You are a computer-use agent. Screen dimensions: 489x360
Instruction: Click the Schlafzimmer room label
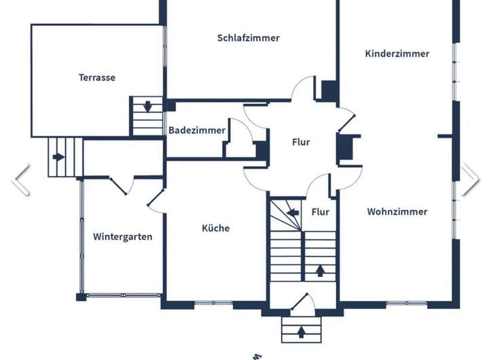(x=248, y=38)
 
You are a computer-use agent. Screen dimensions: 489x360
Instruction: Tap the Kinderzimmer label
(x=397, y=54)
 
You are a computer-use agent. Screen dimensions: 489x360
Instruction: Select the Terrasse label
(x=97, y=77)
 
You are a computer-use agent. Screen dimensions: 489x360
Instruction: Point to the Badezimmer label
(x=196, y=130)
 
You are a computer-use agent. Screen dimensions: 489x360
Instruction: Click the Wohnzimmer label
(x=397, y=212)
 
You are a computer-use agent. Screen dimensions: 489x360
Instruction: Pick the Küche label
(x=215, y=228)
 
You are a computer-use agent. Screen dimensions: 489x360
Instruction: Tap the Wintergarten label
(x=122, y=237)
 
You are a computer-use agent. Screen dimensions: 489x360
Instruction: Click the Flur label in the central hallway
(x=301, y=143)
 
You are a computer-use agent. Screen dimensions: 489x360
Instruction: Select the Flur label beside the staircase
(x=320, y=212)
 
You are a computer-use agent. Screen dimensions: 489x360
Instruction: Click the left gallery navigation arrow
(x=21, y=179)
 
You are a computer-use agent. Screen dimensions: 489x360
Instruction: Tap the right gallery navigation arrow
(x=470, y=179)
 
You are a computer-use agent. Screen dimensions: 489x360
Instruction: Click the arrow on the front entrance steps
(x=301, y=332)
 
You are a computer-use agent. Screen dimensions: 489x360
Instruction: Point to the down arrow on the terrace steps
(x=147, y=107)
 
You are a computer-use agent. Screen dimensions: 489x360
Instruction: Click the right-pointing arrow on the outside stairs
(x=58, y=157)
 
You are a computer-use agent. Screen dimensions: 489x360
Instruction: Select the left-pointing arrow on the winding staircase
(x=293, y=213)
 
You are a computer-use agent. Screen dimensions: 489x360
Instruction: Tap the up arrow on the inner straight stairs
(x=319, y=271)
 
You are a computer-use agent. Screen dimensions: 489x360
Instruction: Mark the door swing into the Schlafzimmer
(x=304, y=89)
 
